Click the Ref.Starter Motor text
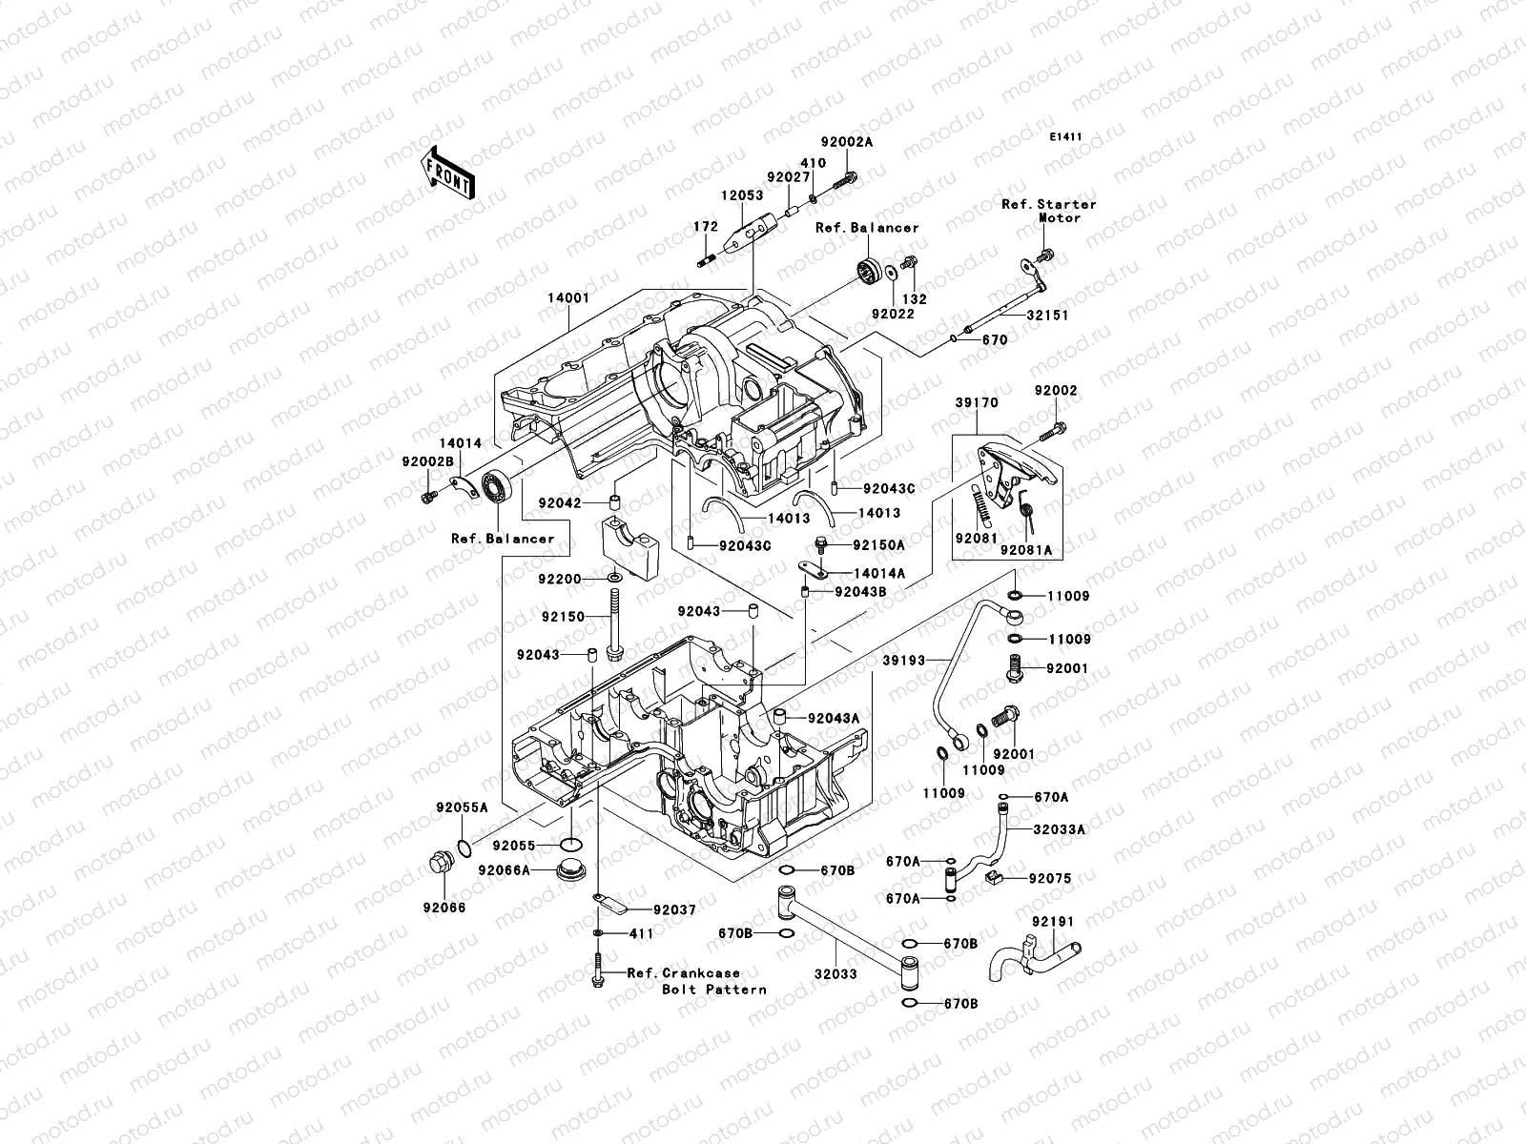1049,211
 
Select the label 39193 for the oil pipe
904,660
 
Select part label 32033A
1062,829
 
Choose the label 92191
1053,922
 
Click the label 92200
561,578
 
